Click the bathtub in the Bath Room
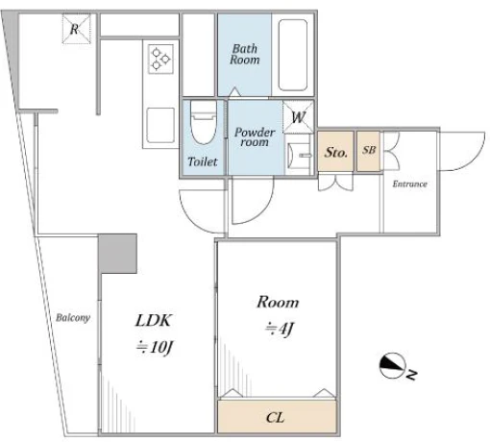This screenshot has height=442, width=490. [293, 55]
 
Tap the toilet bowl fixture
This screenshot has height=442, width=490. [203, 122]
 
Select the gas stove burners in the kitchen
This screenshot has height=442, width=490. [160, 59]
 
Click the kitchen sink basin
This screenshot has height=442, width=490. [160, 125]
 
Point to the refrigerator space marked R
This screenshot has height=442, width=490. [76, 29]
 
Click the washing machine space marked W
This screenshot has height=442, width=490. [298, 117]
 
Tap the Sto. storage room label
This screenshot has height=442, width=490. [335, 152]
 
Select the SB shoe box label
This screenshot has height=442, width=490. [369, 150]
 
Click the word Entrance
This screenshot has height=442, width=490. [410, 184]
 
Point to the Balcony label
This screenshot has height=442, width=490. [73, 318]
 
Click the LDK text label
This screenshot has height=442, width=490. [154, 320]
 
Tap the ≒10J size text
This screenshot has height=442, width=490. [155, 348]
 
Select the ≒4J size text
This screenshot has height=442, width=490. [280, 329]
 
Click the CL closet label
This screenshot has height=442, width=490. [275, 418]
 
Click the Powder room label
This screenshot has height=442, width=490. [255, 137]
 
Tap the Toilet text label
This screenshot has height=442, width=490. [203, 161]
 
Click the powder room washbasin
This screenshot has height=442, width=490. [299, 156]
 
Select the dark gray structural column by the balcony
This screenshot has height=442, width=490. [117, 254]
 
